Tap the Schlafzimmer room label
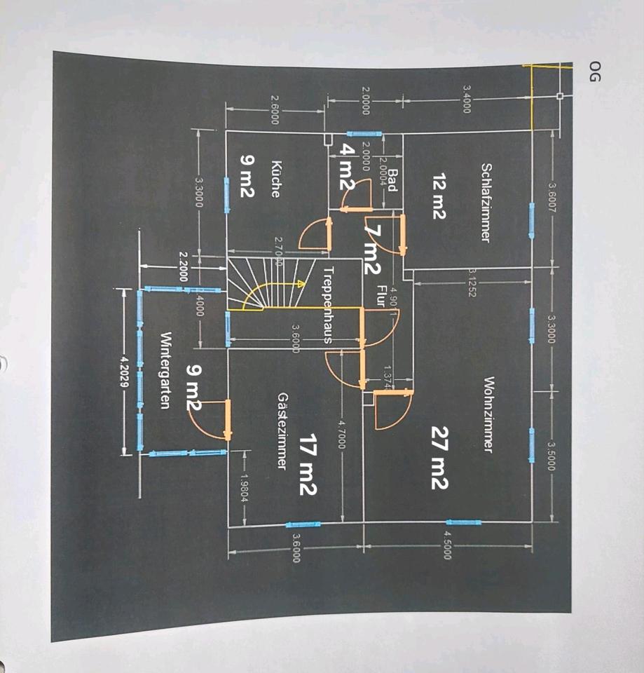point(484,203)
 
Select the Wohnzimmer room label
point(488,415)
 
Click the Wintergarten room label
point(166,371)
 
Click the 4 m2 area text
point(345,166)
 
